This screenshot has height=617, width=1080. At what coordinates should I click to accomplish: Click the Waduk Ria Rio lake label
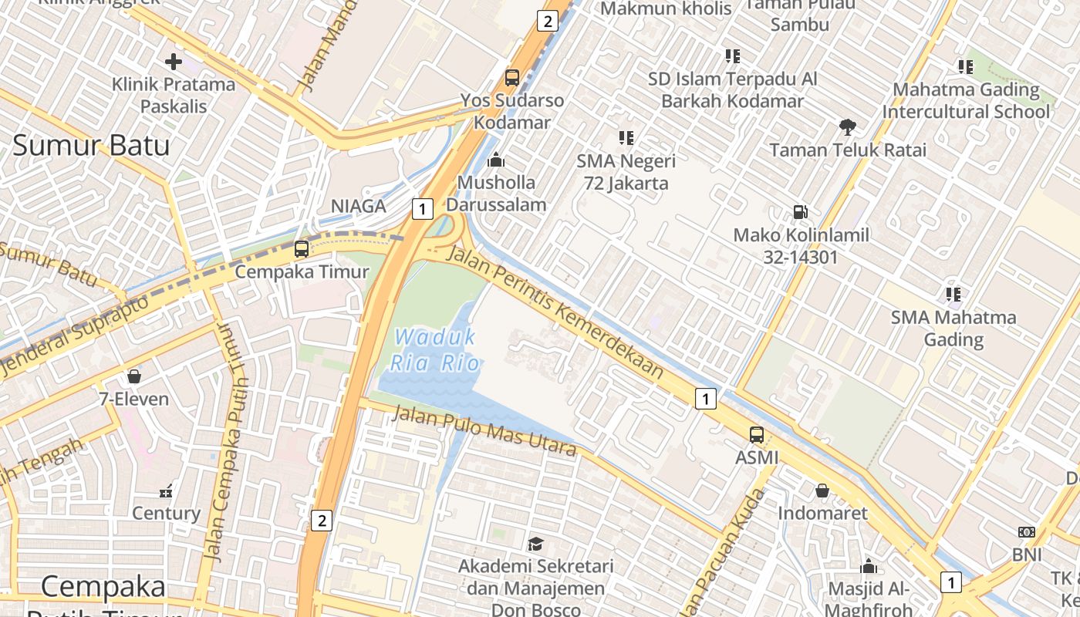[436, 349]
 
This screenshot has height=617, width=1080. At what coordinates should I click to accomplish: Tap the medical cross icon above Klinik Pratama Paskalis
[174, 62]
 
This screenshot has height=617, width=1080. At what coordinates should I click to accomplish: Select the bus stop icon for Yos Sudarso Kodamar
[512, 77]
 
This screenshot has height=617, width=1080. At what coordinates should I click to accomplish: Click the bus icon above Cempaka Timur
[302, 249]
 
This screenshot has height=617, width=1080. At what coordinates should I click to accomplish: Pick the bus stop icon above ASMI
[757, 434]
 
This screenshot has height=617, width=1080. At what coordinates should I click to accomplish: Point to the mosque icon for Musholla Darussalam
[496, 160]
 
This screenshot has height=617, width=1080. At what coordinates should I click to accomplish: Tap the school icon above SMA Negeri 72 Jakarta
[626, 138]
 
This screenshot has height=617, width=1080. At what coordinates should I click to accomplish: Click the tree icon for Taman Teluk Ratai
[848, 127]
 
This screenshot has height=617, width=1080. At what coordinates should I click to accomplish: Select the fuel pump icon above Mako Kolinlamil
[801, 212]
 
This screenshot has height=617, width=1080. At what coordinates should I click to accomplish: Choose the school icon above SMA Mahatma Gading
[953, 294]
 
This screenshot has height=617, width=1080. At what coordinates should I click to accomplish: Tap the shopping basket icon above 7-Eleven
[134, 376]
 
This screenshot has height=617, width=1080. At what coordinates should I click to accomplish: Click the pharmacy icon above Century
[166, 491]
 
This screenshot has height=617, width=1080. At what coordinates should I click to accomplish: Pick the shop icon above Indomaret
[822, 491]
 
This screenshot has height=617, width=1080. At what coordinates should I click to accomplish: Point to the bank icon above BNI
[1027, 532]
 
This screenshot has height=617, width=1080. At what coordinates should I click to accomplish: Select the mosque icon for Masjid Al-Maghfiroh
[869, 567]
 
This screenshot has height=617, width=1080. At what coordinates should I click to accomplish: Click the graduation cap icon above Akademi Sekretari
[535, 544]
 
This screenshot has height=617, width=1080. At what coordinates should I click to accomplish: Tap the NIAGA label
[358, 207]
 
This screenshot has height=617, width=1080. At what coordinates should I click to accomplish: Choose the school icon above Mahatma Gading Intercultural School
[965, 67]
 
